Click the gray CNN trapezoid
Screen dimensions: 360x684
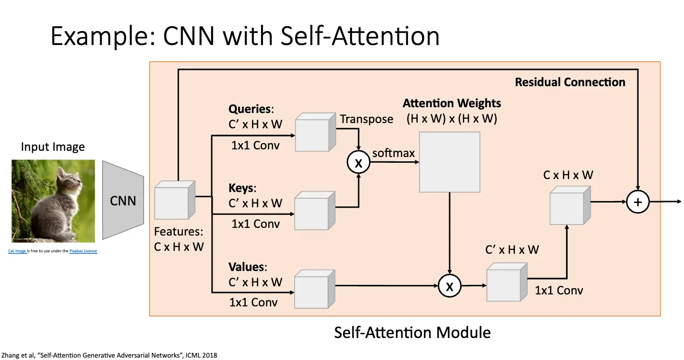click(123, 201)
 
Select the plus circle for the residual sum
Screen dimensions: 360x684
click(638, 202)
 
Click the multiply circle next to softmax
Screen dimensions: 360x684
click(358, 163)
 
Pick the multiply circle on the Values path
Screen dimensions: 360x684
click(449, 286)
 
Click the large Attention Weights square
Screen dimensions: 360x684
click(449, 162)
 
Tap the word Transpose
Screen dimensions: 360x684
click(366, 119)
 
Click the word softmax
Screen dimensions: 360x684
click(393, 154)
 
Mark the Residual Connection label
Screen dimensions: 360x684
click(570, 82)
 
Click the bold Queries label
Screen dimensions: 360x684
click(250, 109)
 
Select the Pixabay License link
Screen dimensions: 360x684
click(83, 251)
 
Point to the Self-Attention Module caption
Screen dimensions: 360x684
click(412, 332)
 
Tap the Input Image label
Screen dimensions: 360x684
click(53, 147)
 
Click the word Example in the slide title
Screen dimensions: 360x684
click(99, 36)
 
